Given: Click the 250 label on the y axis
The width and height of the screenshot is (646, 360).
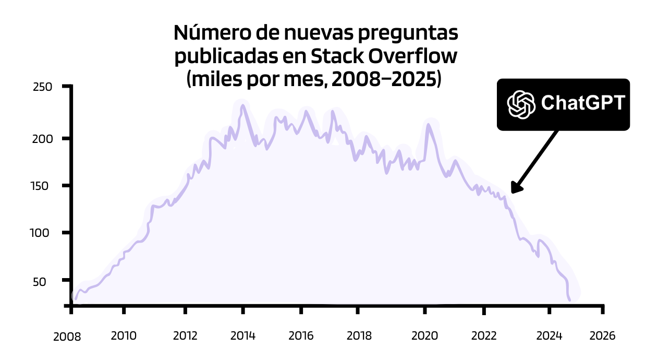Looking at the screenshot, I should point(42,87).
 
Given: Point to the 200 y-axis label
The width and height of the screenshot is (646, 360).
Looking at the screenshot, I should point(42,139).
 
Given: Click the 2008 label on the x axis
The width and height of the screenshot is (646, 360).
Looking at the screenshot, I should point(67,337).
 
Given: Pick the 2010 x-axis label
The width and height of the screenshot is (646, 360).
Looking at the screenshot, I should point(124,335).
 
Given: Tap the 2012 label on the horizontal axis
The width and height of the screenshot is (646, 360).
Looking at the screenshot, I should point(185,335).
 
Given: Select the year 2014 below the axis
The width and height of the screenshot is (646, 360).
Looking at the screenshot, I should point(242,335).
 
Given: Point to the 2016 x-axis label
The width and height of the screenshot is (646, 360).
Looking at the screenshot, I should point(301,335).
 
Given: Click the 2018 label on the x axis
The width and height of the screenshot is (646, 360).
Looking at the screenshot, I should point(359,335).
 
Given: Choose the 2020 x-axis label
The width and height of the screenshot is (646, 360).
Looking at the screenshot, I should point(425,335).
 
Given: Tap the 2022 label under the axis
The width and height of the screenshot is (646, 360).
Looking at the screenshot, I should point(484,335).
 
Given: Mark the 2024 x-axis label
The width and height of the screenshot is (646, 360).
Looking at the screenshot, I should point(549,335).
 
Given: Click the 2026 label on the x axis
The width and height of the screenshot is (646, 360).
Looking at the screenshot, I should point(602,335).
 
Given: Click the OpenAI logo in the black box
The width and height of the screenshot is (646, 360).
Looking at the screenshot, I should point(521,104).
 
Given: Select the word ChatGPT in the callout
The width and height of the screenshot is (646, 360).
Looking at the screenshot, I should point(583,103).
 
